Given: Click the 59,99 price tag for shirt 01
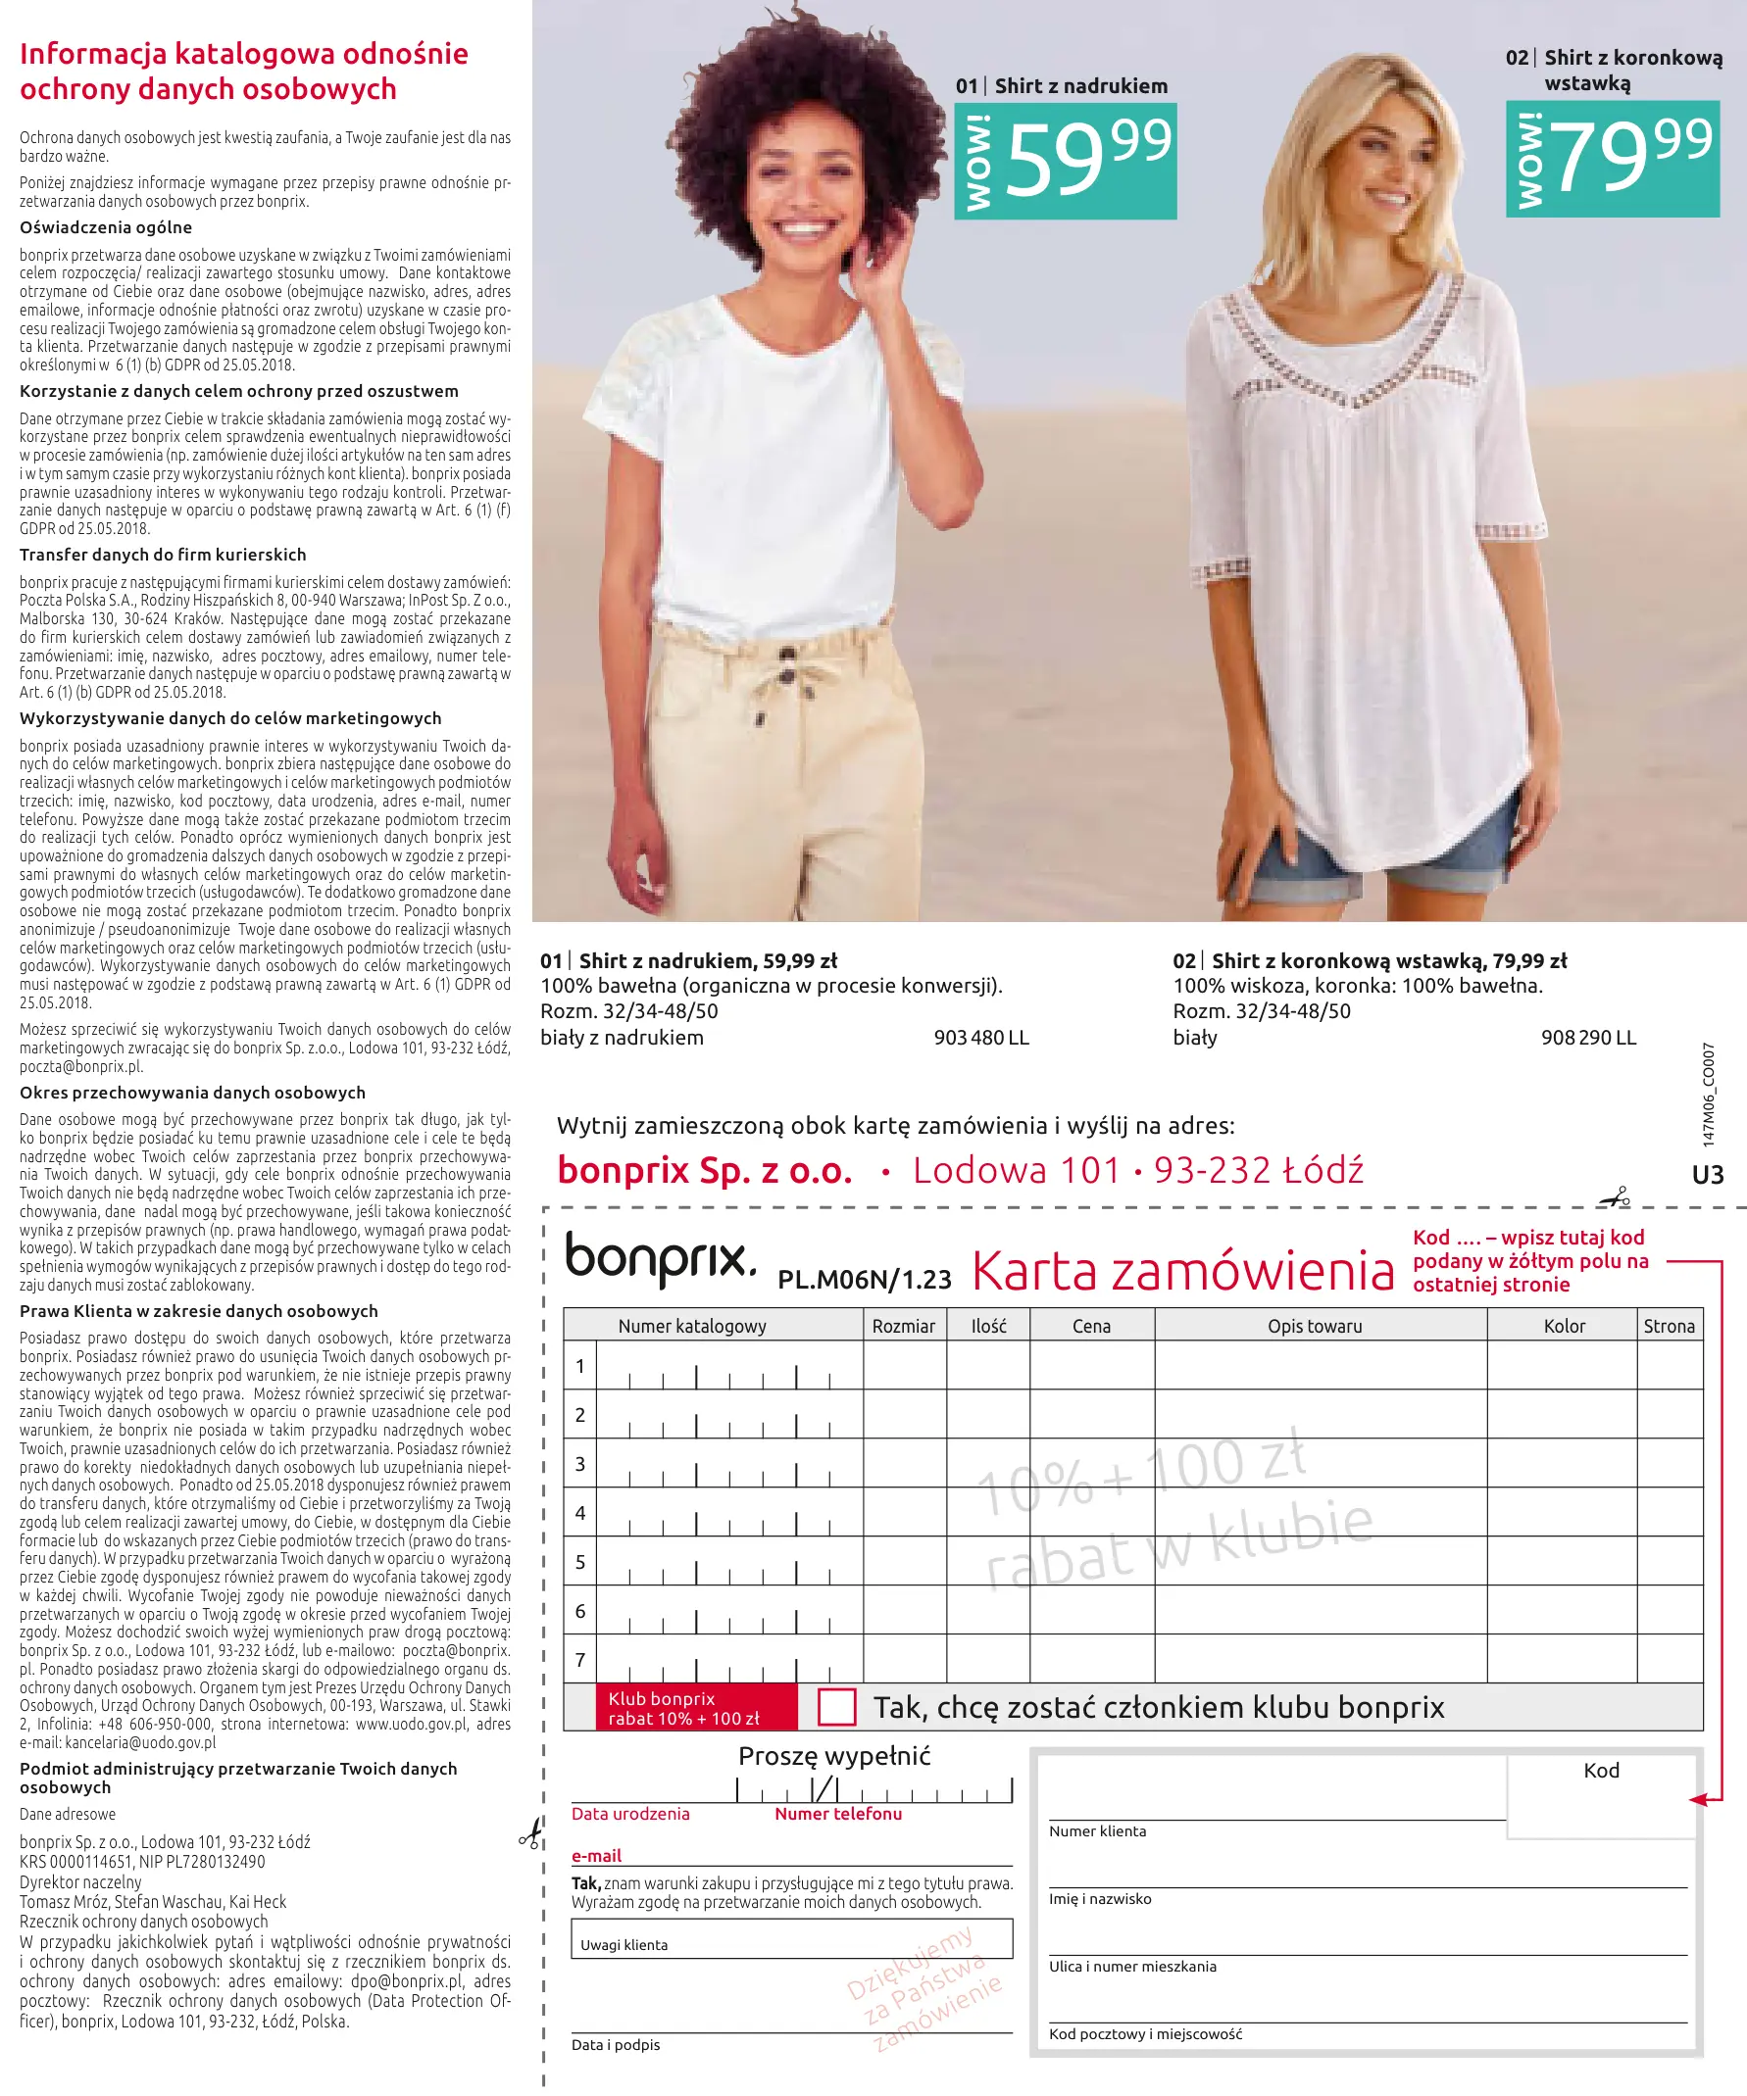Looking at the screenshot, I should (1066, 161).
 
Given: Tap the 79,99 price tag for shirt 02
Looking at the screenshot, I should (1613, 158).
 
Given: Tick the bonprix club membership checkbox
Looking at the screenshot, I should (835, 1707).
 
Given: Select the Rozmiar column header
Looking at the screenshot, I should (904, 1326).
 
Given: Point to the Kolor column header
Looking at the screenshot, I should (1564, 1326).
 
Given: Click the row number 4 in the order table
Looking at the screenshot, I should (580, 1513).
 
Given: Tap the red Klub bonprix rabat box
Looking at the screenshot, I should (697, 1708).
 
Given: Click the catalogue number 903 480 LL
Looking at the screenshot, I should (980, 1038).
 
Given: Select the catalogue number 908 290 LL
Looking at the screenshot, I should (1588, 1038).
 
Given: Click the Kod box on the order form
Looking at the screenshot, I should (1601, 1796).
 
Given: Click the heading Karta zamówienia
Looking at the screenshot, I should (1183, 1272).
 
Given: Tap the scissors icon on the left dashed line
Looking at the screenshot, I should (531, 1832).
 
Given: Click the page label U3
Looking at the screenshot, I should (1708, 1175).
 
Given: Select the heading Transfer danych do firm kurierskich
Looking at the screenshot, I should (163, 555).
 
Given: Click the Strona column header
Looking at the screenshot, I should (1669, 1326).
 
